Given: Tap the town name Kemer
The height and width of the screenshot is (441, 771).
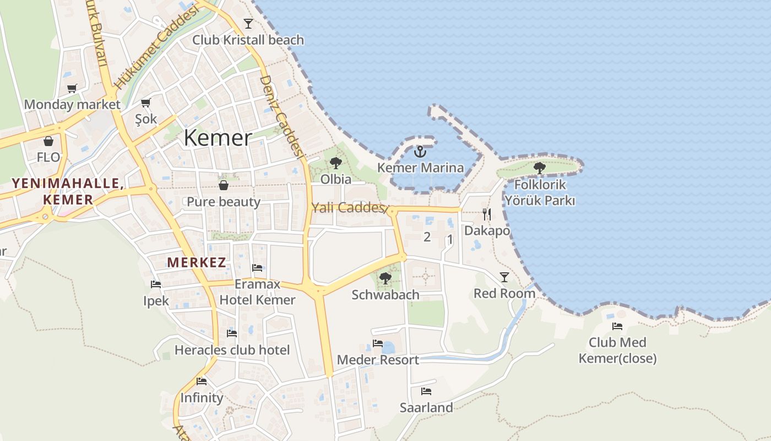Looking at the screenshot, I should [x=218, y=137].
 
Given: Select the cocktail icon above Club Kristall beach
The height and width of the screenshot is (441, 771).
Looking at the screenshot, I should [x=248, y=24].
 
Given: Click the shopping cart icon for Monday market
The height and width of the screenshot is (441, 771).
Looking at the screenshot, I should [x=72, y=88].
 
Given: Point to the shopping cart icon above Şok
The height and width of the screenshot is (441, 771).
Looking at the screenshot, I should [x=146, y=103].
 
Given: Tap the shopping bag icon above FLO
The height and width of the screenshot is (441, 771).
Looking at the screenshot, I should [x=48, y=141].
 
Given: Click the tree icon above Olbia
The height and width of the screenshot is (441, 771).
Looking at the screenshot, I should [x=335, y=163].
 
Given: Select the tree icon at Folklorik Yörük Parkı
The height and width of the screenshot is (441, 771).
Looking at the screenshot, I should [x=540, y=168].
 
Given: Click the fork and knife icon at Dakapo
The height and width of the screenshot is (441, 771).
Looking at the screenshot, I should [x=487, y=214].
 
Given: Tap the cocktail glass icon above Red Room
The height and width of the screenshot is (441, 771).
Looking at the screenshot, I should [x=504, y=277].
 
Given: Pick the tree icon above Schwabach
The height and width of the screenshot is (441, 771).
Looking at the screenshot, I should [x=385, y=278].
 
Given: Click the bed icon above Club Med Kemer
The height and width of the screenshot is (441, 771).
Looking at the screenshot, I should [x=617, y=326].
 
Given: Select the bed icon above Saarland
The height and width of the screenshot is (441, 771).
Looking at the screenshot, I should [x=426, y=391].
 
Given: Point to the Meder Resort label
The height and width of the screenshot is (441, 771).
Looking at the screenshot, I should [x=378, y=360].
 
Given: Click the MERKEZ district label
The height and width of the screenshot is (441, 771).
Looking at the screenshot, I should [x=197, y=262].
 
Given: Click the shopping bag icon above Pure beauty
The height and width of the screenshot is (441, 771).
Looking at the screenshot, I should [x=224, y=185].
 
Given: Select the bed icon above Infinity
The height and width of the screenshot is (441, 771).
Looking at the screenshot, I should [x=202, y=381].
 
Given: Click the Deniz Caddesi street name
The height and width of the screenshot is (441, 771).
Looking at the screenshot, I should [x=281, y=116].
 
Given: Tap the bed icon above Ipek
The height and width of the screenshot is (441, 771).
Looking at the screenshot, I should [x=156, y=284].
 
